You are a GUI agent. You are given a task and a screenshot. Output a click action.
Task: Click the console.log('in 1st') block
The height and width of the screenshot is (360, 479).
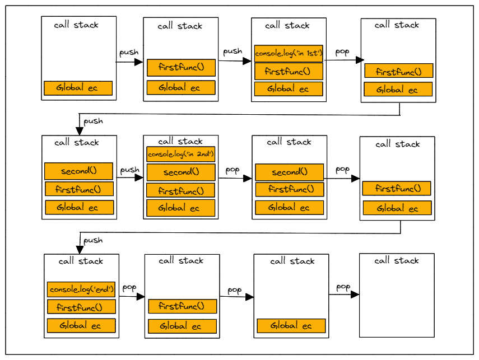289,54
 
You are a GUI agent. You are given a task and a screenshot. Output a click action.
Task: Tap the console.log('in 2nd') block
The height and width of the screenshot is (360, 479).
181,154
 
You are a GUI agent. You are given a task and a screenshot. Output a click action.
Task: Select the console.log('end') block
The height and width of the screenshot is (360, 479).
82,289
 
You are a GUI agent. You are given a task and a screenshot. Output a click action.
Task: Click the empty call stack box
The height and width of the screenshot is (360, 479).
396,302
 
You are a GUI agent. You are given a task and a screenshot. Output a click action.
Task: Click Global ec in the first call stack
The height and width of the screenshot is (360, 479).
78,88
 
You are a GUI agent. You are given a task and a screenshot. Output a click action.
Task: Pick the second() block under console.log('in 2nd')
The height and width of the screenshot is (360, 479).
181,172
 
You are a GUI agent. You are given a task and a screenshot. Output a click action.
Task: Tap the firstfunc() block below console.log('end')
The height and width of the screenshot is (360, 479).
82,307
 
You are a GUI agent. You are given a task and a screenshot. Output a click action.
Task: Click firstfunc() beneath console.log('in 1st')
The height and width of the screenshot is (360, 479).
289,71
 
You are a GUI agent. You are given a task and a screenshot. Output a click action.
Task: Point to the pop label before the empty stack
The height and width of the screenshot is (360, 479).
343,287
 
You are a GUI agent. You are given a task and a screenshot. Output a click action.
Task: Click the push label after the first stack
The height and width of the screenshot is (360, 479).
129,53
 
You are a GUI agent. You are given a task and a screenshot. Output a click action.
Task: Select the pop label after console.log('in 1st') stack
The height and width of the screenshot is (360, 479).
342,52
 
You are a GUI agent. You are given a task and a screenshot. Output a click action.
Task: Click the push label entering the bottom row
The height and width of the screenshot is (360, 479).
93,240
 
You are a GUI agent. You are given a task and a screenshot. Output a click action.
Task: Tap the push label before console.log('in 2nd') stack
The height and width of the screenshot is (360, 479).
129,169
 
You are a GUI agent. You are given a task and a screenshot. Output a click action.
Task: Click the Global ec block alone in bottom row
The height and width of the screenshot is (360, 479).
291,326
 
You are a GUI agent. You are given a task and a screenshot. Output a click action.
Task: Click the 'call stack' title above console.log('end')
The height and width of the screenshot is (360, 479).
81,261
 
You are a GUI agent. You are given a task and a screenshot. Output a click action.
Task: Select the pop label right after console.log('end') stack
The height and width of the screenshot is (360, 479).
129,288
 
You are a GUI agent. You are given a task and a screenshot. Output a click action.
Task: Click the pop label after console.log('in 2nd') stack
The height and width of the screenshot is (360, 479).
232,169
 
